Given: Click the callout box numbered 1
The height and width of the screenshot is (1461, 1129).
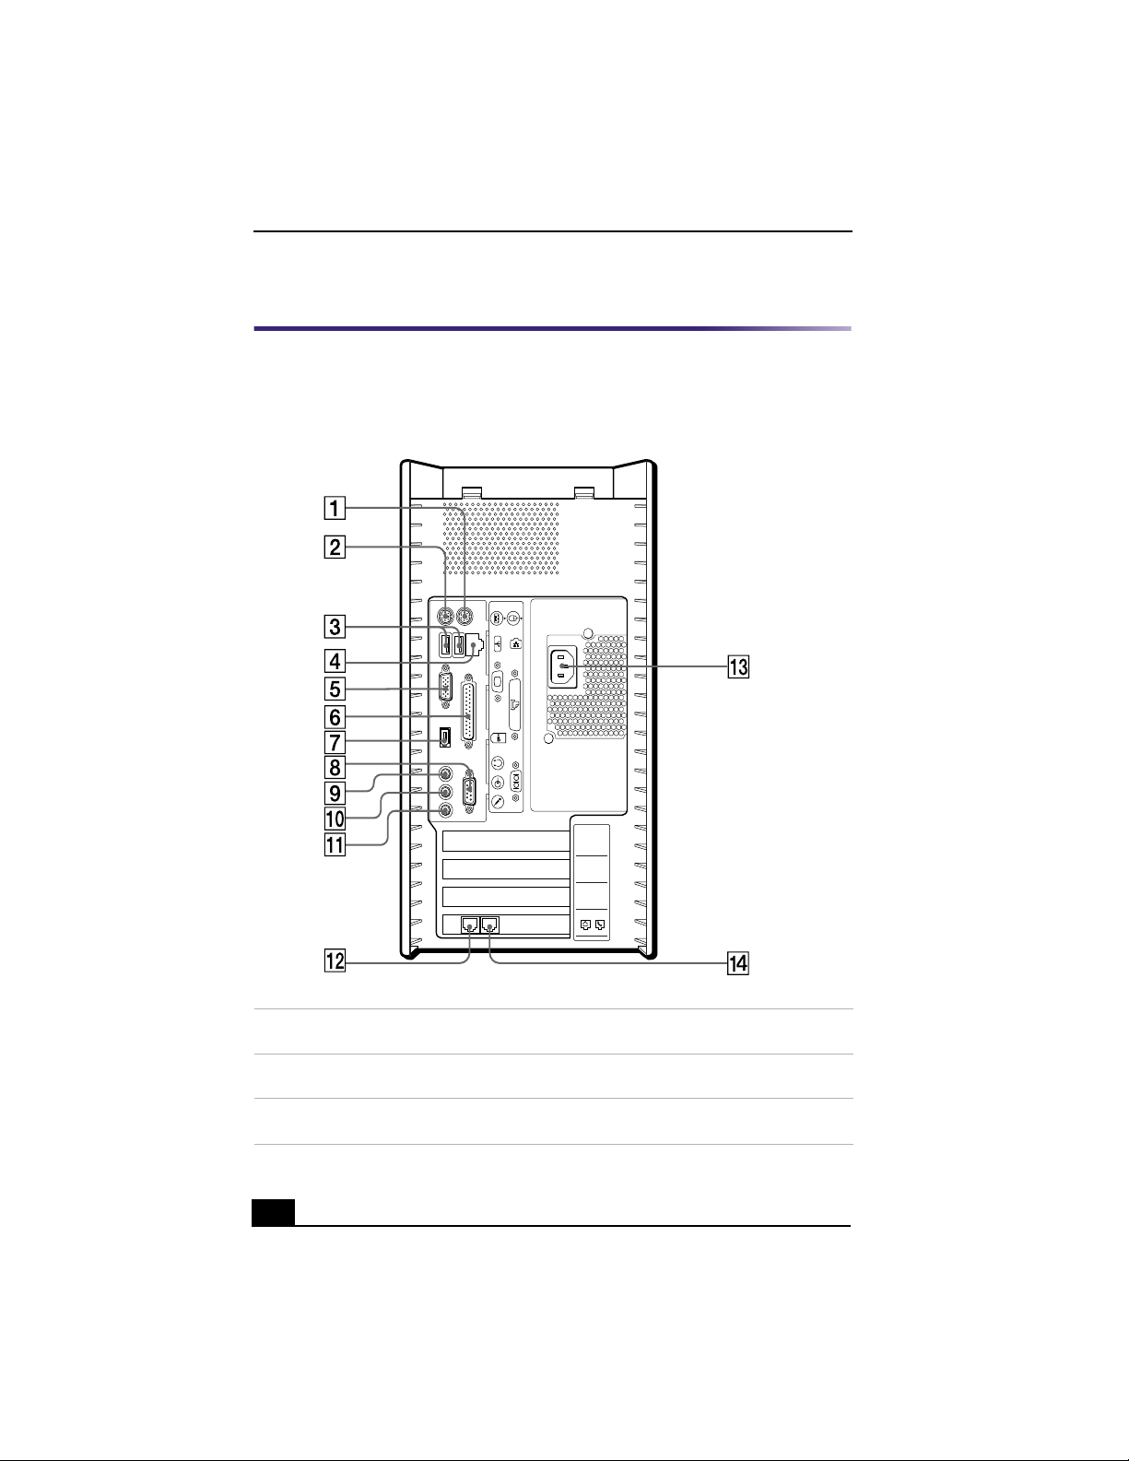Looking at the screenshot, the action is coord(335,508).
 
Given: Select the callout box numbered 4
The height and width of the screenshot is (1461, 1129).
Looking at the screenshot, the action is coord(335,661).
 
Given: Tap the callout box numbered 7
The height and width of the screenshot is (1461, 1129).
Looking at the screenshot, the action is coord(335,742).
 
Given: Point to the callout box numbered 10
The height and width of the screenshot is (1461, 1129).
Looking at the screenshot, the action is coord(335,819).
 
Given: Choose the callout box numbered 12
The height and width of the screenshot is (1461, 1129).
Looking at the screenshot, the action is coord(335,961).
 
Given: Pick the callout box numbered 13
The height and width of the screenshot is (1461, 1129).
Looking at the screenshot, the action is coord(738,667).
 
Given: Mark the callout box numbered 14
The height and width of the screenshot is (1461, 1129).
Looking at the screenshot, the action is coord(738,963).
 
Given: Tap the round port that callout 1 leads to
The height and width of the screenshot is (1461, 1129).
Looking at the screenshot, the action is coord(465,615).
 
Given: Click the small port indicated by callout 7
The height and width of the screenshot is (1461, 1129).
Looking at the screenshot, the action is coord(444,738).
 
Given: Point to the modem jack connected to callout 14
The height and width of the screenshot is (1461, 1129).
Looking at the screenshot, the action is coord(490,925).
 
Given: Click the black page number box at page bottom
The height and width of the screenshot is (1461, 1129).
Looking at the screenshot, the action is coord(274,1212).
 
